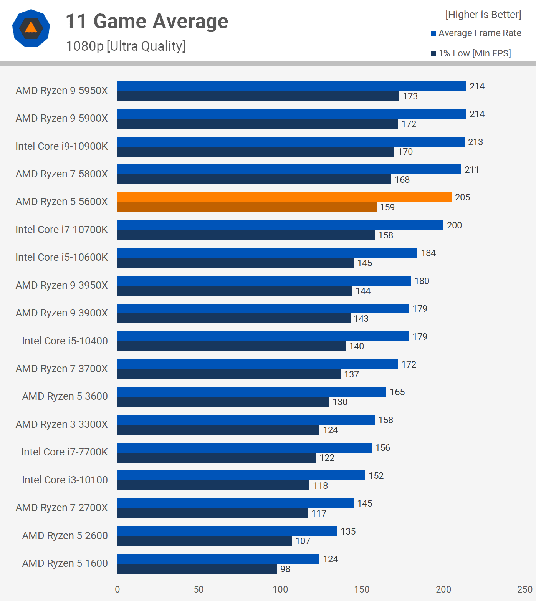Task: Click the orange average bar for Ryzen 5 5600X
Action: (x=284, y=197)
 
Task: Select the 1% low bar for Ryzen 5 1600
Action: (x=197, y=569)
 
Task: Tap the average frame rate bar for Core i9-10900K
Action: (x=291, y=142)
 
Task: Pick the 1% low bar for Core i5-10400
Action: (x=231, y=346)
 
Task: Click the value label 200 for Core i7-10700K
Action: (x=454, y=225)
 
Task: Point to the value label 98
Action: (x=285, y=569)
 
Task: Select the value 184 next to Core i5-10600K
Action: (x=428, y=253)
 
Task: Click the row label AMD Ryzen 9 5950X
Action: (x=61, y=91)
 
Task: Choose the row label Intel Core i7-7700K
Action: (x=65, y=452)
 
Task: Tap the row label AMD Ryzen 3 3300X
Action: (x=61, y=424)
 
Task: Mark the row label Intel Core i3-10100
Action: (x=65, y=480)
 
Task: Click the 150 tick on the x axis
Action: (x=362, y=589)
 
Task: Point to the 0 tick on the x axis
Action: (x=117, y=589)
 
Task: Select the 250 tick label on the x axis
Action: (x=524, y=589)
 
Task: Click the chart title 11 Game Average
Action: (x=147, y=21)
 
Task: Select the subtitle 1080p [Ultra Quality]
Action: (x=126, y=46)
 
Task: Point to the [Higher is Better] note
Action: (x=483, y=15)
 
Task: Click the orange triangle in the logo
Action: (x=31, y=28)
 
